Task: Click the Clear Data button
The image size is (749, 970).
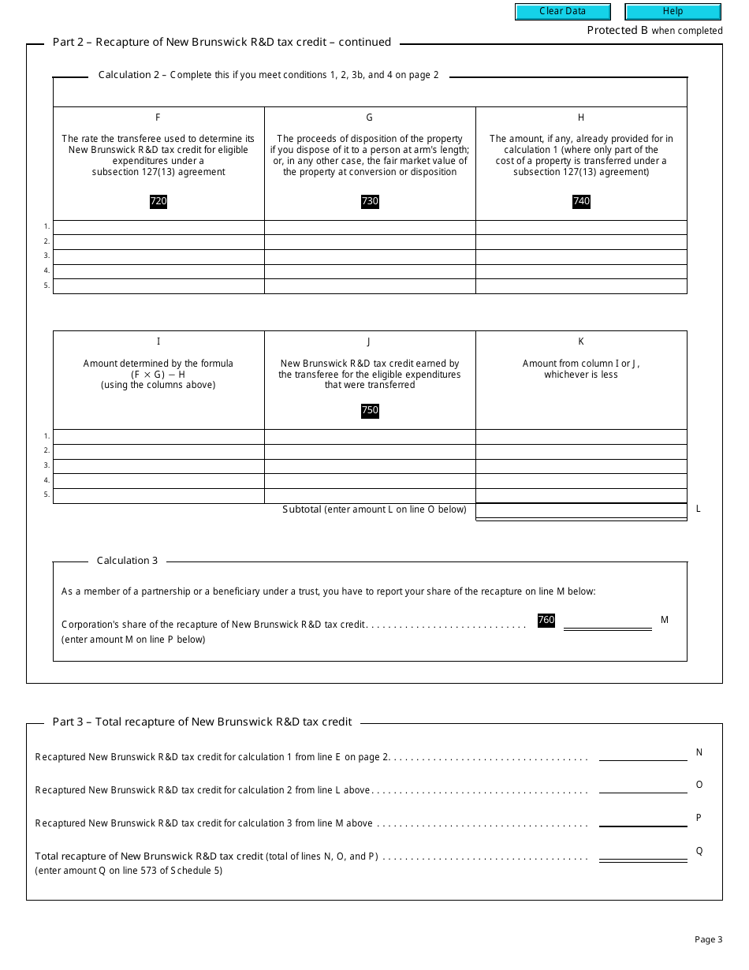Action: [562, 12]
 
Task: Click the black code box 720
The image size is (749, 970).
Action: [158, 201]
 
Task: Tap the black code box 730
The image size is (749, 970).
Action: [370, 201]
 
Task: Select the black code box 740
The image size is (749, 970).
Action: [581, 201]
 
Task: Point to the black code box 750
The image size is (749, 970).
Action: [370, 410]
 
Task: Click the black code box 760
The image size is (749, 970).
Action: [546, 620]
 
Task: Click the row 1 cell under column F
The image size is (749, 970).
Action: [158, 227]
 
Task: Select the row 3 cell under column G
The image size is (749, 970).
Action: [370, 256]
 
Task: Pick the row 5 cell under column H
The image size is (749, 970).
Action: [581, 286]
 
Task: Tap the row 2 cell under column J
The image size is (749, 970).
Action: [370, 451]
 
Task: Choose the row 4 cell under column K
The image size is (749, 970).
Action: [581, 481]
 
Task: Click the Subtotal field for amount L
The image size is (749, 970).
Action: [581, 510]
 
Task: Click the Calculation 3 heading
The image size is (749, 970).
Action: [127, 561]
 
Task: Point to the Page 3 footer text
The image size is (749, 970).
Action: [708, 939]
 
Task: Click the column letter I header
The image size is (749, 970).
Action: [158, 341]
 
